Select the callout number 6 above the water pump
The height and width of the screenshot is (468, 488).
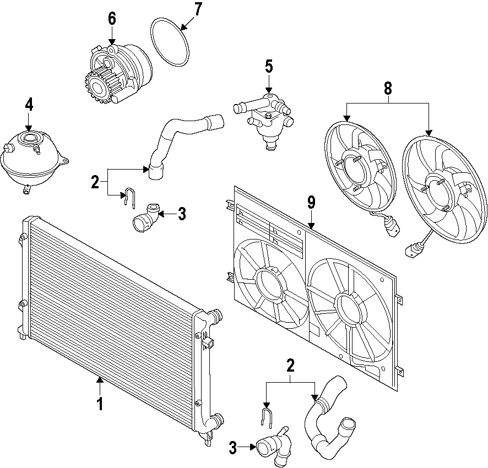pyautogui.click(x=112, y=18)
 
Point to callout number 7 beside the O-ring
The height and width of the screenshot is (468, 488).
pyautogui.click(x=198, y=9)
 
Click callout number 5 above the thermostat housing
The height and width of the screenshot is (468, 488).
pyautogui.click(x=268, y=66)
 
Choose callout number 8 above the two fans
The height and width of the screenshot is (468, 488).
pyautogui.click(x=388, y=88)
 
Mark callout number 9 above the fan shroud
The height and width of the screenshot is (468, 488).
pyautogui.click(x=311, y=203)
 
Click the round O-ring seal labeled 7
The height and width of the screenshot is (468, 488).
pyautogui.click(x=170, y=41)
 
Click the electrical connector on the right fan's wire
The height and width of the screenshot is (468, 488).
pyautogui.click(x=411, y=252)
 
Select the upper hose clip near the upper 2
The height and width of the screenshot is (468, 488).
pyautogui.click(x=128, y=197)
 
